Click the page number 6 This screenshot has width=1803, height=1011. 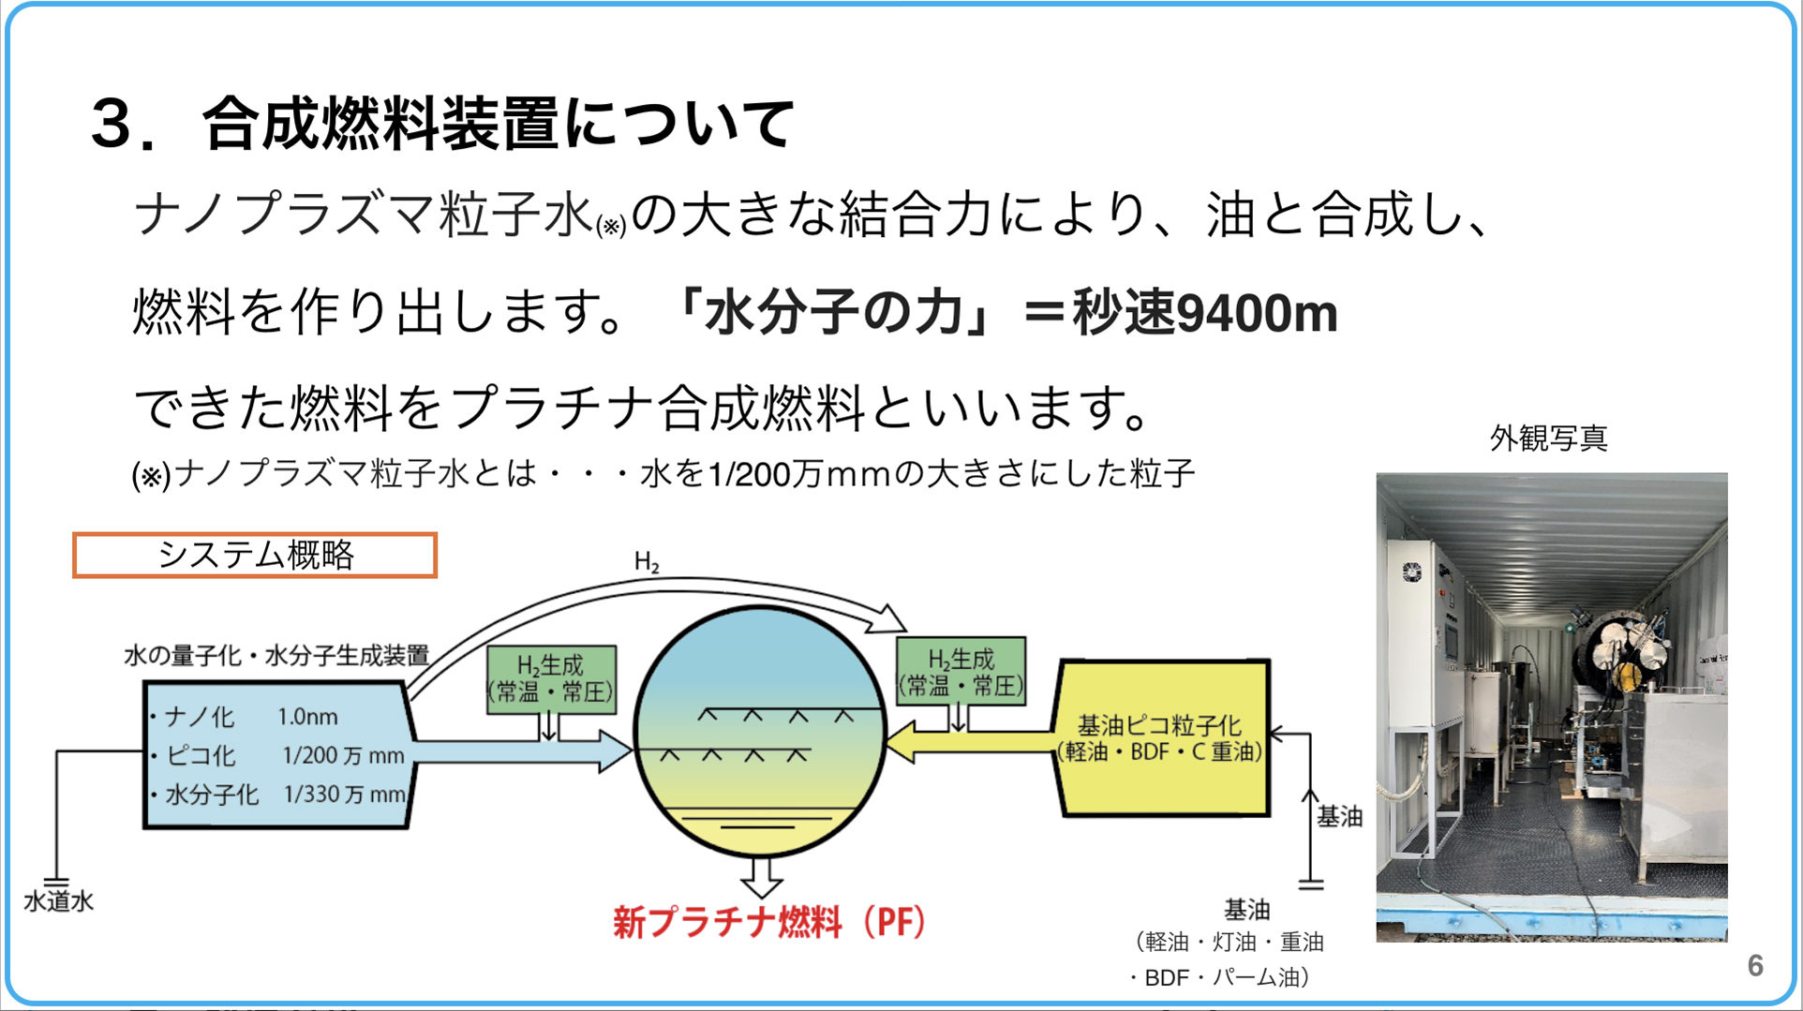[x=1755, y=965]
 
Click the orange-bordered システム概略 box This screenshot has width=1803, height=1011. [x=255, y=555]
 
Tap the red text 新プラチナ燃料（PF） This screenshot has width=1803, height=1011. [x=769, y=922]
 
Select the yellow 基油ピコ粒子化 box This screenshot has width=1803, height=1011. [x=1162, y=737]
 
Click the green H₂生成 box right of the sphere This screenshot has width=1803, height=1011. [x=961, y=671]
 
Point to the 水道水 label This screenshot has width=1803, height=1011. [x=58, y=901]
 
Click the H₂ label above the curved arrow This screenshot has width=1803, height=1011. [x=647, y=562]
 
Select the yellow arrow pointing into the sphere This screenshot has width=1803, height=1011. [x=970, y=742]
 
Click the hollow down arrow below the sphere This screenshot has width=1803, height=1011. [x=761, y=877]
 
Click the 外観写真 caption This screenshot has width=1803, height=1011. [x=1548, y=439]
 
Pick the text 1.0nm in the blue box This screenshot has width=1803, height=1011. [x=307, y=717]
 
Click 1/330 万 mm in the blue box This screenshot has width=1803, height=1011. [x=344, y=795]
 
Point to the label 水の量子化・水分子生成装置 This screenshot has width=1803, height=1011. [x=276, y=656]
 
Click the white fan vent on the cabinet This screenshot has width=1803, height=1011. [x=1411, y=572]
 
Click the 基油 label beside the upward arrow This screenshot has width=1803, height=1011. [x=1339, y=817]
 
